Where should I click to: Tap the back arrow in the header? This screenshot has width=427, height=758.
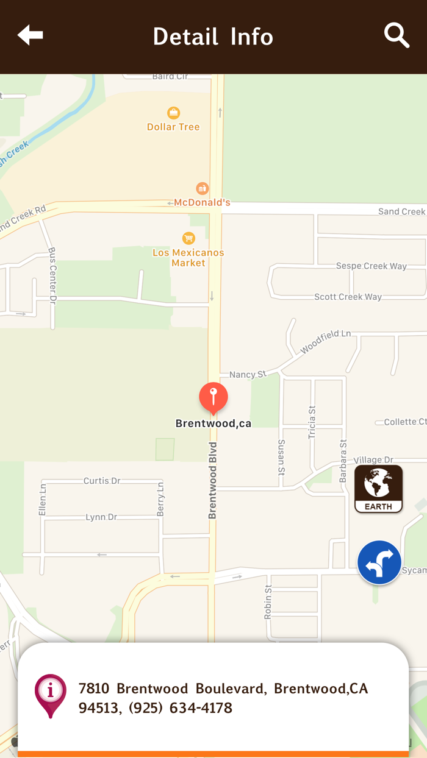(30, 35)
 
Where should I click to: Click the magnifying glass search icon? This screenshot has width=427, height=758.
(396, 35)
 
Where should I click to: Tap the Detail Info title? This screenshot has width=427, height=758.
(213, 37)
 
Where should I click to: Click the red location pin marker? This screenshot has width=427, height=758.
(213, 398)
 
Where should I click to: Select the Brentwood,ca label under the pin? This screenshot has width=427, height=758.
(213, 423)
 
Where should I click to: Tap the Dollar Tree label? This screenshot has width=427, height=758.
(173, 127)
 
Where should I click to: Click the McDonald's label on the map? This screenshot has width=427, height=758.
(202, 202)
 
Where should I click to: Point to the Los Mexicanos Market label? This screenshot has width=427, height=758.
(188, 258)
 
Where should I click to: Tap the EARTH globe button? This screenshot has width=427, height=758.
(378, 489)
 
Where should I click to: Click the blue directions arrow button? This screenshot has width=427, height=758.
(379, 562)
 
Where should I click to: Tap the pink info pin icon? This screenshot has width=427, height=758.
(51, 695)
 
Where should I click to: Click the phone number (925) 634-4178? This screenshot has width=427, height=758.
(181, 708)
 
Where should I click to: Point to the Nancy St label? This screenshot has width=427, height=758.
(248, 374)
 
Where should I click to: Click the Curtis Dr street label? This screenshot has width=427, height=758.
(102, 481)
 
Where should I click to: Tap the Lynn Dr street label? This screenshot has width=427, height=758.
(101, 517)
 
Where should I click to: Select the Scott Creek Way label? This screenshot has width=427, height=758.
(348, 297)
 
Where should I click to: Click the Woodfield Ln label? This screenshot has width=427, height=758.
(326, 342)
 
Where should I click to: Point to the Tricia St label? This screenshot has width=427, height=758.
(312, 422)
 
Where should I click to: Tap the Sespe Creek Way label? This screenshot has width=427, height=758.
(371, 266)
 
